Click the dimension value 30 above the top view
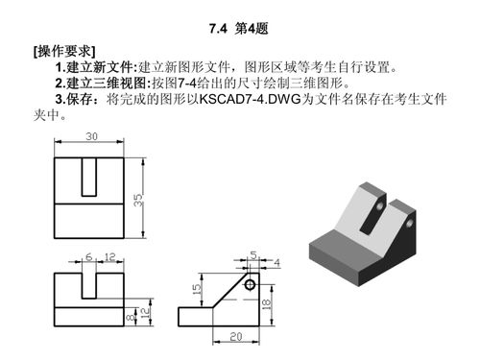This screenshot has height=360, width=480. tap(91, 137)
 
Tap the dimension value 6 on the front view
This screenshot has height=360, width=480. tap(89, 257)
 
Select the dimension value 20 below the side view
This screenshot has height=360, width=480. tap(234, 336)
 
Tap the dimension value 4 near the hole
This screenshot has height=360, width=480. tap(276, 262)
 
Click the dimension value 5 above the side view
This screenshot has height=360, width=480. tap(252, 255)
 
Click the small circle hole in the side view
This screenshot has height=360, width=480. tap(250, 284)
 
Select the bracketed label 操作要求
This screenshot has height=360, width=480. tap(63, 50)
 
